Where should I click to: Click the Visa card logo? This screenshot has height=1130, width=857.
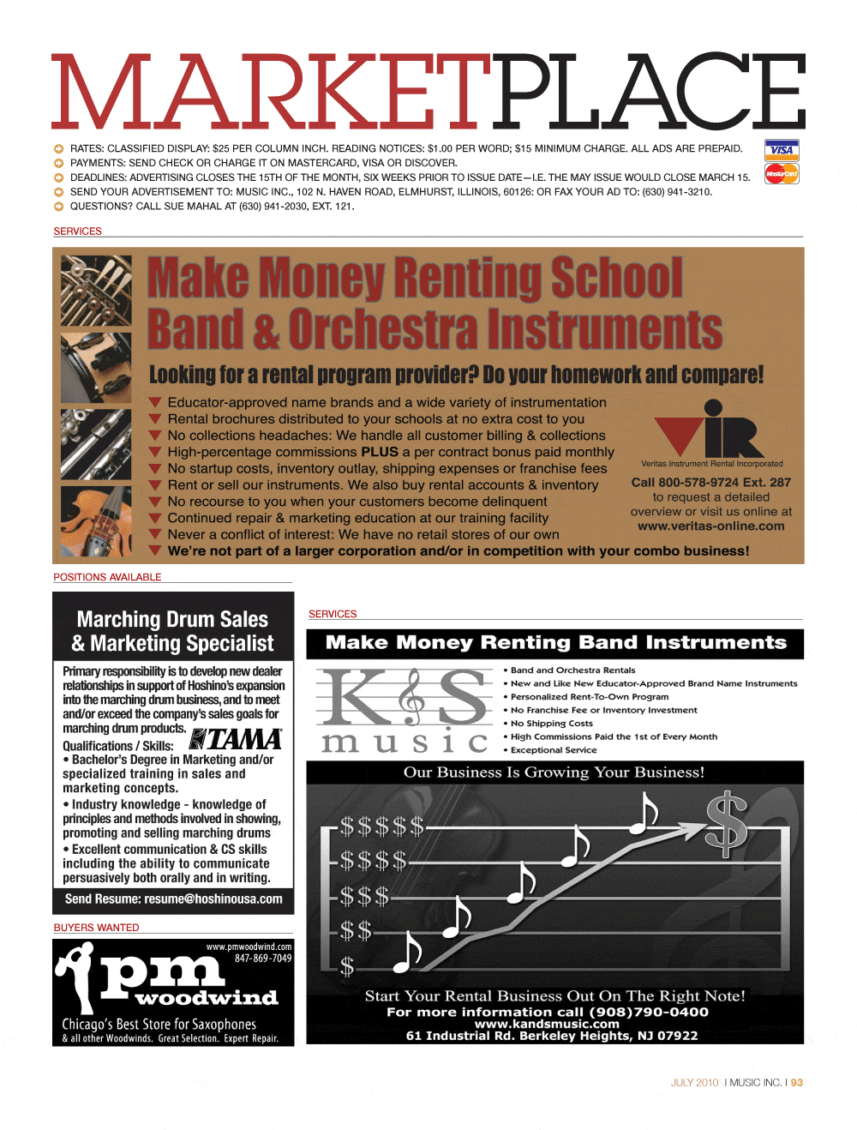(x=781, y=150)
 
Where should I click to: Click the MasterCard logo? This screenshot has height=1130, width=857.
(x=781, y=174)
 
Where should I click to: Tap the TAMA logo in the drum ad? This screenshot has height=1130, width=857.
(x=236, y=739)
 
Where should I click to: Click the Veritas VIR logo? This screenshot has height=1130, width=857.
(x=710, y=430)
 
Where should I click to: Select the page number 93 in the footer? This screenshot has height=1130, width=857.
(x=797, y=1083)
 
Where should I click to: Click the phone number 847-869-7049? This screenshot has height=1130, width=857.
(x=263, y=959)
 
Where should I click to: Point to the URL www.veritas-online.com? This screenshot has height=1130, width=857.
(x=710, y=526)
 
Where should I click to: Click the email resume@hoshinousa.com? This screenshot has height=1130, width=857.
(x=213, y=899)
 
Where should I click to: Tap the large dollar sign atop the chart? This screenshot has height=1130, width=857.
(x=726, y=824)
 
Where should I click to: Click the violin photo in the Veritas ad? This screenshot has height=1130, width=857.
(x=97, y=520)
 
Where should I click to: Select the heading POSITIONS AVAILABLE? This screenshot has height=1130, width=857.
(x=107, y=577)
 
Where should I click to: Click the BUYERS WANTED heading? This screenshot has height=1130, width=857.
(x=96, y=928)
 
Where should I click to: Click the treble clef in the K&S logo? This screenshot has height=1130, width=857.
(x=412, y=696)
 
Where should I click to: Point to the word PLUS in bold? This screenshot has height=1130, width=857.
(x=380, y=452)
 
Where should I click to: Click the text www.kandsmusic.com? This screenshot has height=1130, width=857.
(x=547, y=1024)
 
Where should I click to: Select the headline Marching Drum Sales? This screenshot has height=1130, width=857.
(x=172, y=619)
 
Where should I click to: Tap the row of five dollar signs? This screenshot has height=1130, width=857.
(x=381, y=827)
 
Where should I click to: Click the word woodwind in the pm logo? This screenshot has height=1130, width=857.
(x=207, y=998)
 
